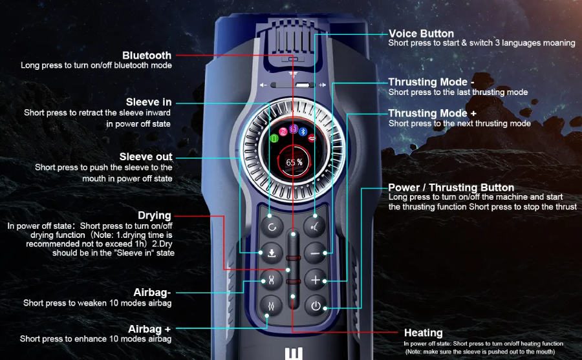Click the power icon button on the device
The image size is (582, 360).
tap(316, 306)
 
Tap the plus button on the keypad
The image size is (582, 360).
tap(316, 280)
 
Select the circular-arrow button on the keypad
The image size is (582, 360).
tap(272, 227)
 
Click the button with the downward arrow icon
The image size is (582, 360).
tap(272, 253)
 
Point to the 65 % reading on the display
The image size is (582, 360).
tap(294, 162)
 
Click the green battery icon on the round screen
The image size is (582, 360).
tap(274, 139)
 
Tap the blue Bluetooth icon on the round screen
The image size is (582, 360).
tap(303, 132)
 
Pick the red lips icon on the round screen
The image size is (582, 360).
tap(312, 138)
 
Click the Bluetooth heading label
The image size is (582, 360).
tap(147, 56)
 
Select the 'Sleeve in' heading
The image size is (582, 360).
tap(149, 102)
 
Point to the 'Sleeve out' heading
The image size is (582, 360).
tap(146, 156)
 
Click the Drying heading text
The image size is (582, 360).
tap(155, 216)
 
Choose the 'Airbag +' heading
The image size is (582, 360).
tap(149, 329)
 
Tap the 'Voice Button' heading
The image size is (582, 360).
tap(421, 34)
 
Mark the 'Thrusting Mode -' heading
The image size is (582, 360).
tap(431, 82)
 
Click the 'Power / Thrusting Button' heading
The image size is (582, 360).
tap(451, 187)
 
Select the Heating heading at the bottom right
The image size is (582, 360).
tap(423, 333)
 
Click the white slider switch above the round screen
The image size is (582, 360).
tap(303, 85)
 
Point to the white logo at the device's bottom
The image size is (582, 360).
tap(294, 354)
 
